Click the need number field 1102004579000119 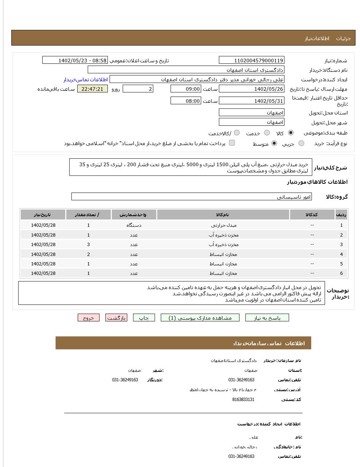tap(251, 61)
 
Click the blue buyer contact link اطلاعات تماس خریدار tap(86, 79)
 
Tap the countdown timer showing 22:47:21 tap(93, 89)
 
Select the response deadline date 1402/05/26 tap(251, 89)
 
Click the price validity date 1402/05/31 tap(251, 101)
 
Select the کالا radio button tap(290, 133)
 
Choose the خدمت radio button tap(267, 133)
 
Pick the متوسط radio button tap(274, 144)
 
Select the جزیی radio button tap(301, 144)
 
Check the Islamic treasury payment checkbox tap(232, 143)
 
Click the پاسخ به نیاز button tap(267, 318)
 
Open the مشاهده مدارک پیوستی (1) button tap(200, 318)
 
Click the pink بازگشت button tap(116, 318)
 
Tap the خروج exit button tap(89, 318)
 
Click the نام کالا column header tap(223, 215)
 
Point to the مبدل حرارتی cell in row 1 tap(223, 225)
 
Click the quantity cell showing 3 tap(89, 245)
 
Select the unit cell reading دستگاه tap(134, 225)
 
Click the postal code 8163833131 tap(243, 400)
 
